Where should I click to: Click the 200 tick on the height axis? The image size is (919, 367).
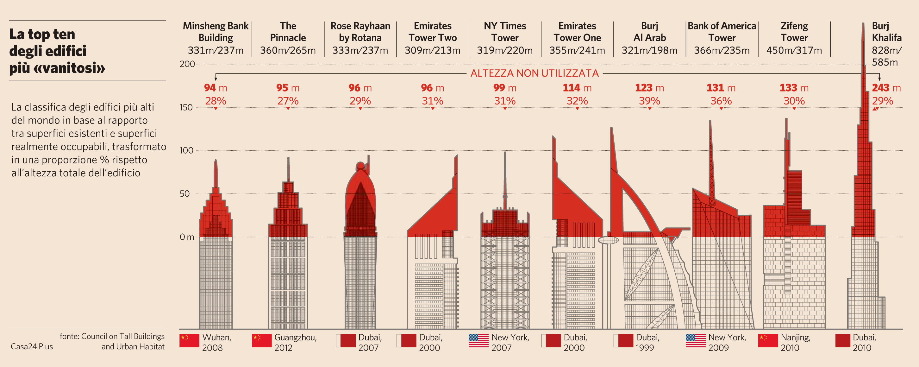tap(187, 64)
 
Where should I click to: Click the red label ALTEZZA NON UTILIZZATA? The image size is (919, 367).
tap(534, 73)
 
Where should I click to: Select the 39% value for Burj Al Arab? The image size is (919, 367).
tap(649, 101)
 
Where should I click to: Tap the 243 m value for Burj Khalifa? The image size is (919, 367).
tap(886, 88)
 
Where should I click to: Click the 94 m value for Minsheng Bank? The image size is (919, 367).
tap(216, 88)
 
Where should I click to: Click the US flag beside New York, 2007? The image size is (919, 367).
tap(478, 341)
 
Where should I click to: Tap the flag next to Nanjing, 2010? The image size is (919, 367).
tap(768, 341)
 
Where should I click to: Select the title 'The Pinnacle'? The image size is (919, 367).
tap(288, 32)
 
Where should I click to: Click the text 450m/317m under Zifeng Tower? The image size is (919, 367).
tap(794, 50)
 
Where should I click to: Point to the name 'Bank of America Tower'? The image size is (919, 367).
tap(722, 32)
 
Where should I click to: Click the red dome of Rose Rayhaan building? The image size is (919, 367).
tap(360, 200)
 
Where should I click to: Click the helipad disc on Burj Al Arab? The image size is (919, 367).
tap(608, 240)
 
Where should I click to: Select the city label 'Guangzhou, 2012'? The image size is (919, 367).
tap(295, 342)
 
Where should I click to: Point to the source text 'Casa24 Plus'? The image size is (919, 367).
tap(32, 347)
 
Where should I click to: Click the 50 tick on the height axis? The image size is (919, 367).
tap(184, 194)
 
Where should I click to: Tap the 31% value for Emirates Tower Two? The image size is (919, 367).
tap(432, 101)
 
